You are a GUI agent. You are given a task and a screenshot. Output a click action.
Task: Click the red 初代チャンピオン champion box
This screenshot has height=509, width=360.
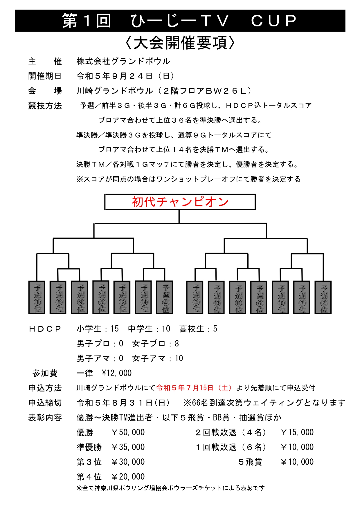pyautogui.click(x=180, y=202)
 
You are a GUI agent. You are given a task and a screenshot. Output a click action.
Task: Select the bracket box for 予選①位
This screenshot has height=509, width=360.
pyautogui.click(x=37, y=297)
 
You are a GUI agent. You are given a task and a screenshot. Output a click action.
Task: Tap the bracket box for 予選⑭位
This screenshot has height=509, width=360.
pyautogui.click(x=144, y=297)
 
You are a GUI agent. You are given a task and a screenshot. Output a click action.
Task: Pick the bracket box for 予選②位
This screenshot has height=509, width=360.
pyautogui.click(x=323, y=297)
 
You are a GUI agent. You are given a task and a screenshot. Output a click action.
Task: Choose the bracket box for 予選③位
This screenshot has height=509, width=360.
pyautogui.click(x=195, y=297)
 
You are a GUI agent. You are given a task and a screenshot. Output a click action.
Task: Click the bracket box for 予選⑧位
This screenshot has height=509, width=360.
pyautogui.click(x=58, y=297)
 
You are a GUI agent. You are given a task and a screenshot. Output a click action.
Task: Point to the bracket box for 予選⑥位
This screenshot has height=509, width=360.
pyautogui.click(x=259, y=297)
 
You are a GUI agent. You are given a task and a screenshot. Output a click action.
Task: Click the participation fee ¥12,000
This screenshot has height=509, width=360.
pyautogui.click(x=117, y=373)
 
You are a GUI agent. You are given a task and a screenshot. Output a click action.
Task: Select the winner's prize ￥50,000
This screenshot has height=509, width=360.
pyautogui.click(x=128, y=432)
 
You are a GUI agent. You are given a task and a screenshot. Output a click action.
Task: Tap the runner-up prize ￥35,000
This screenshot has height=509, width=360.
pyautogui.click(x=128, y=447)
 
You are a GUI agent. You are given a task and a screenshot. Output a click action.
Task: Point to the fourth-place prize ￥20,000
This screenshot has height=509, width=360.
pyautogui.click(x=128, y=477)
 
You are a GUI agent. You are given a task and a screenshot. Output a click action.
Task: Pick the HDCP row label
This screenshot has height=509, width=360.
pyautogui.click(x=45, y=329)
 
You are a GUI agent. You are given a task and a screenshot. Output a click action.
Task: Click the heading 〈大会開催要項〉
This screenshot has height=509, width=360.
pyautogui.click(x=180, y=43)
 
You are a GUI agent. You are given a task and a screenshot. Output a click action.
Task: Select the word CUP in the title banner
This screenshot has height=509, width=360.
pyautogui.click(x=274, y=21)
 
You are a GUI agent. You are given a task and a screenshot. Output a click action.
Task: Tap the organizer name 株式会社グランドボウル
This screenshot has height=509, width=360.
pyautogui.click(x=123, y=61)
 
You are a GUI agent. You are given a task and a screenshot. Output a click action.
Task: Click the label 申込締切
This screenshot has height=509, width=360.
pyautogui.click(x=45, y=403)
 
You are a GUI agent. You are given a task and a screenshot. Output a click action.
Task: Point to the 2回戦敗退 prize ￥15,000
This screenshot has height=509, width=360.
pyautogui.click(x=297, y=432)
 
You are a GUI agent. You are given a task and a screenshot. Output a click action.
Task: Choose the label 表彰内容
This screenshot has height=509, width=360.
pyautogui.click(x=45, y=418)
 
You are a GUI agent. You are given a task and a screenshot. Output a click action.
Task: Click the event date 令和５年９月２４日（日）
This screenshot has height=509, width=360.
pyautogui.click(x=126, y=76)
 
